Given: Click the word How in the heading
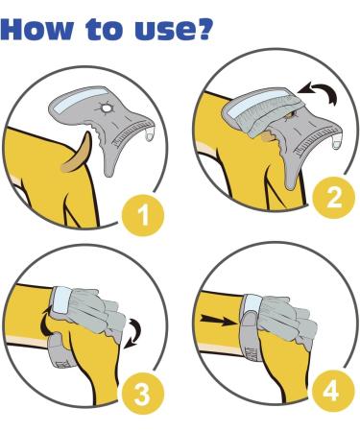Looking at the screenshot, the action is [x=37, y=30].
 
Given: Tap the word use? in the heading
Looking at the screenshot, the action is [x=174, y=30].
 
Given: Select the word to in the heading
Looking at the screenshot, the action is [x=105, y=30].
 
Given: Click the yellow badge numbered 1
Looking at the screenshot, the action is [x=143, y=215].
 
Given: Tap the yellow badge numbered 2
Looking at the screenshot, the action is [x=333, y=198].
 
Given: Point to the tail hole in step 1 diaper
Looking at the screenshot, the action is [x=105, y=108].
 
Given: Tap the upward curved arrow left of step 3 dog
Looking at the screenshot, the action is [x=45, y=322].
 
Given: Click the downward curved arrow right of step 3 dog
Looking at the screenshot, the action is [x=135, y=333].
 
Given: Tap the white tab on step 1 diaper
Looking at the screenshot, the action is [x=150, y=135].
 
